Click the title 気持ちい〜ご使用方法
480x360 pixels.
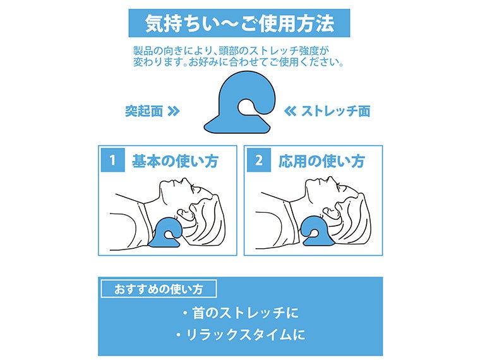point(240,24)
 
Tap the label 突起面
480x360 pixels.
point(143,112)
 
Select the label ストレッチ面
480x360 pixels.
point(335,112)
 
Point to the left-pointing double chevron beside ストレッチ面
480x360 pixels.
point(291,112)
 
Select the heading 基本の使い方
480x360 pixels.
point(175,161)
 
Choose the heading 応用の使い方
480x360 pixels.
point(321,161)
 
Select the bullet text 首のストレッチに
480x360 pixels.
point(240,312)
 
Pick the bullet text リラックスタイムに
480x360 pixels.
point(240,334)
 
